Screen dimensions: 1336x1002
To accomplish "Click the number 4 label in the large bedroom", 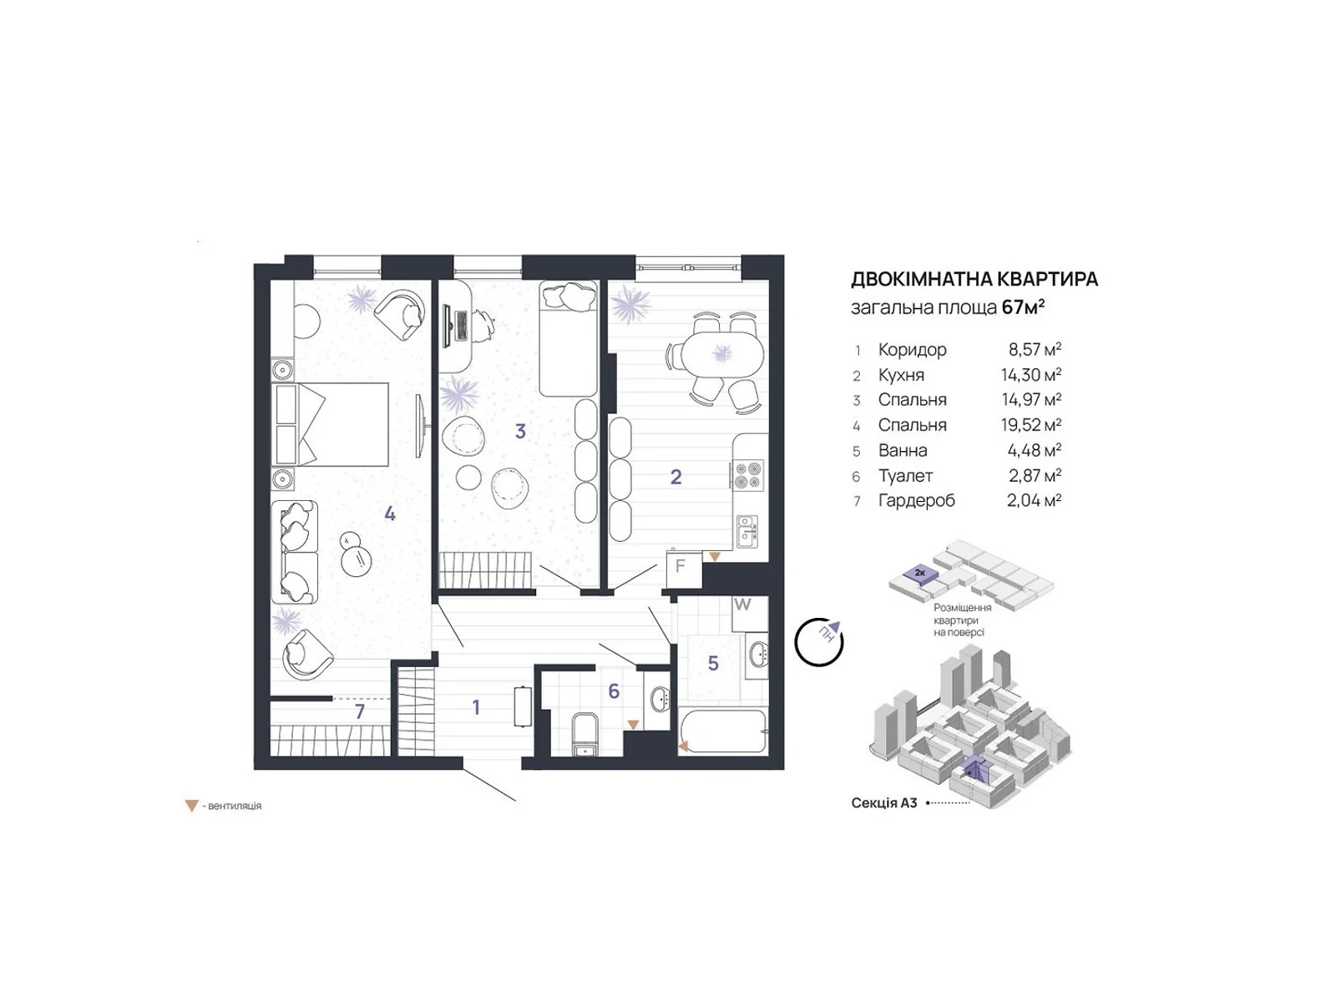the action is point(390,514).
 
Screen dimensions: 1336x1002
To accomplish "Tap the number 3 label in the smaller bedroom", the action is point(520,432).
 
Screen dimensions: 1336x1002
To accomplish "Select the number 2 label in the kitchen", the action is point(676,477).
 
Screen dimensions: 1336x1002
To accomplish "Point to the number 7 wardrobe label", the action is point(360,711).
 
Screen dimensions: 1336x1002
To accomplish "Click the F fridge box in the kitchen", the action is point(684,569).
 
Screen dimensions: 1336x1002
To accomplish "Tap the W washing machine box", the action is point(749,613).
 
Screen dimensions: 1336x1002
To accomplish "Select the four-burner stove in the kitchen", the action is point(748,475).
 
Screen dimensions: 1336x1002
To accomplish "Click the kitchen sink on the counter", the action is point(746,531).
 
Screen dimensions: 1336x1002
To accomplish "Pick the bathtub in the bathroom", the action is point(722,732).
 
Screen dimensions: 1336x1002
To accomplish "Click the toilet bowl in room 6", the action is point(585,734).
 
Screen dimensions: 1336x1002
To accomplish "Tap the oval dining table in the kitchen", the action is point(722,355).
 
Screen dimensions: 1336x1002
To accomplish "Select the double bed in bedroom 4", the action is point(331,425).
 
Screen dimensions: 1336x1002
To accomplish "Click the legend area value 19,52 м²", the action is point(1031,424).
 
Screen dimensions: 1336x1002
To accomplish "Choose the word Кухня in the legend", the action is point(901,375).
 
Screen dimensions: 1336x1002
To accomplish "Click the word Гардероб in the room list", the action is point(916,501).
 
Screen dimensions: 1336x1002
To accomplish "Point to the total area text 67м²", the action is point(1023,307).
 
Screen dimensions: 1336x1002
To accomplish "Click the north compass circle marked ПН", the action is point(818,642).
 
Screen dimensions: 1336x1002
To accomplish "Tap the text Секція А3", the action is point(883,803).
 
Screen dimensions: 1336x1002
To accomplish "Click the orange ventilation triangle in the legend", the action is point(192,806).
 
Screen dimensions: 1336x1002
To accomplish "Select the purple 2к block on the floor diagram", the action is point(919,574).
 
